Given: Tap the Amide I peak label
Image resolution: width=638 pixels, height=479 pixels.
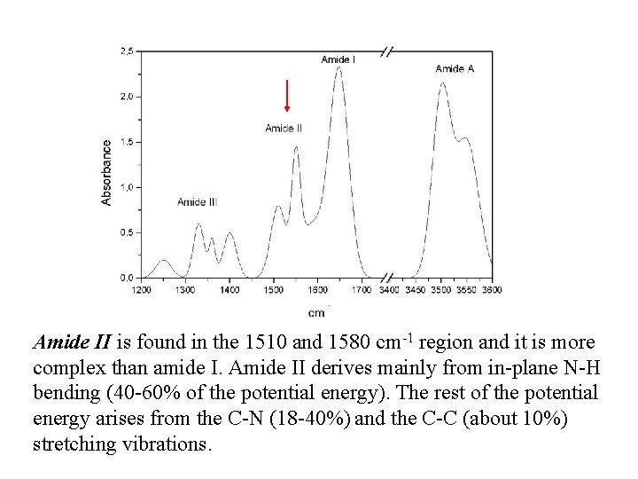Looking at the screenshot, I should click(x=338, y=59).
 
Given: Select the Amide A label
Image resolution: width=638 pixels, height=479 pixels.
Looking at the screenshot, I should click(x=455, y=68).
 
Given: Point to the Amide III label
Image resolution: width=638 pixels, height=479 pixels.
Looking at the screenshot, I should click(x=197, y=202).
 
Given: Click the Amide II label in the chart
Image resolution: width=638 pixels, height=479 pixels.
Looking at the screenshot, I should click(x=284, y=128).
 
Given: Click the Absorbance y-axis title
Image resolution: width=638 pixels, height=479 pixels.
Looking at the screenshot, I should click(x=107, y=172).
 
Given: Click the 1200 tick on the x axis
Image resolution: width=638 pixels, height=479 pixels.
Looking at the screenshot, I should click(x=142, y=289).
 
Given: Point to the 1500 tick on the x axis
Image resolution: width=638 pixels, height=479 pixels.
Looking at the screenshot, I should click(x=273, y=289).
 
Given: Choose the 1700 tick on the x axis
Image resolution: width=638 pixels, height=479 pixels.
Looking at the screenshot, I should click(x=361, y=289).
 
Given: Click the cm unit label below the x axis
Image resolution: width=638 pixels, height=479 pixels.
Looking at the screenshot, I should click(x=316, y=311).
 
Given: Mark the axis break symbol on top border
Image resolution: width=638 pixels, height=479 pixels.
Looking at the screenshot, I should click(x=386, y=51).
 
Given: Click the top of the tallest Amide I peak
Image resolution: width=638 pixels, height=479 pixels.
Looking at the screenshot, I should click(x=338, y=68).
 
